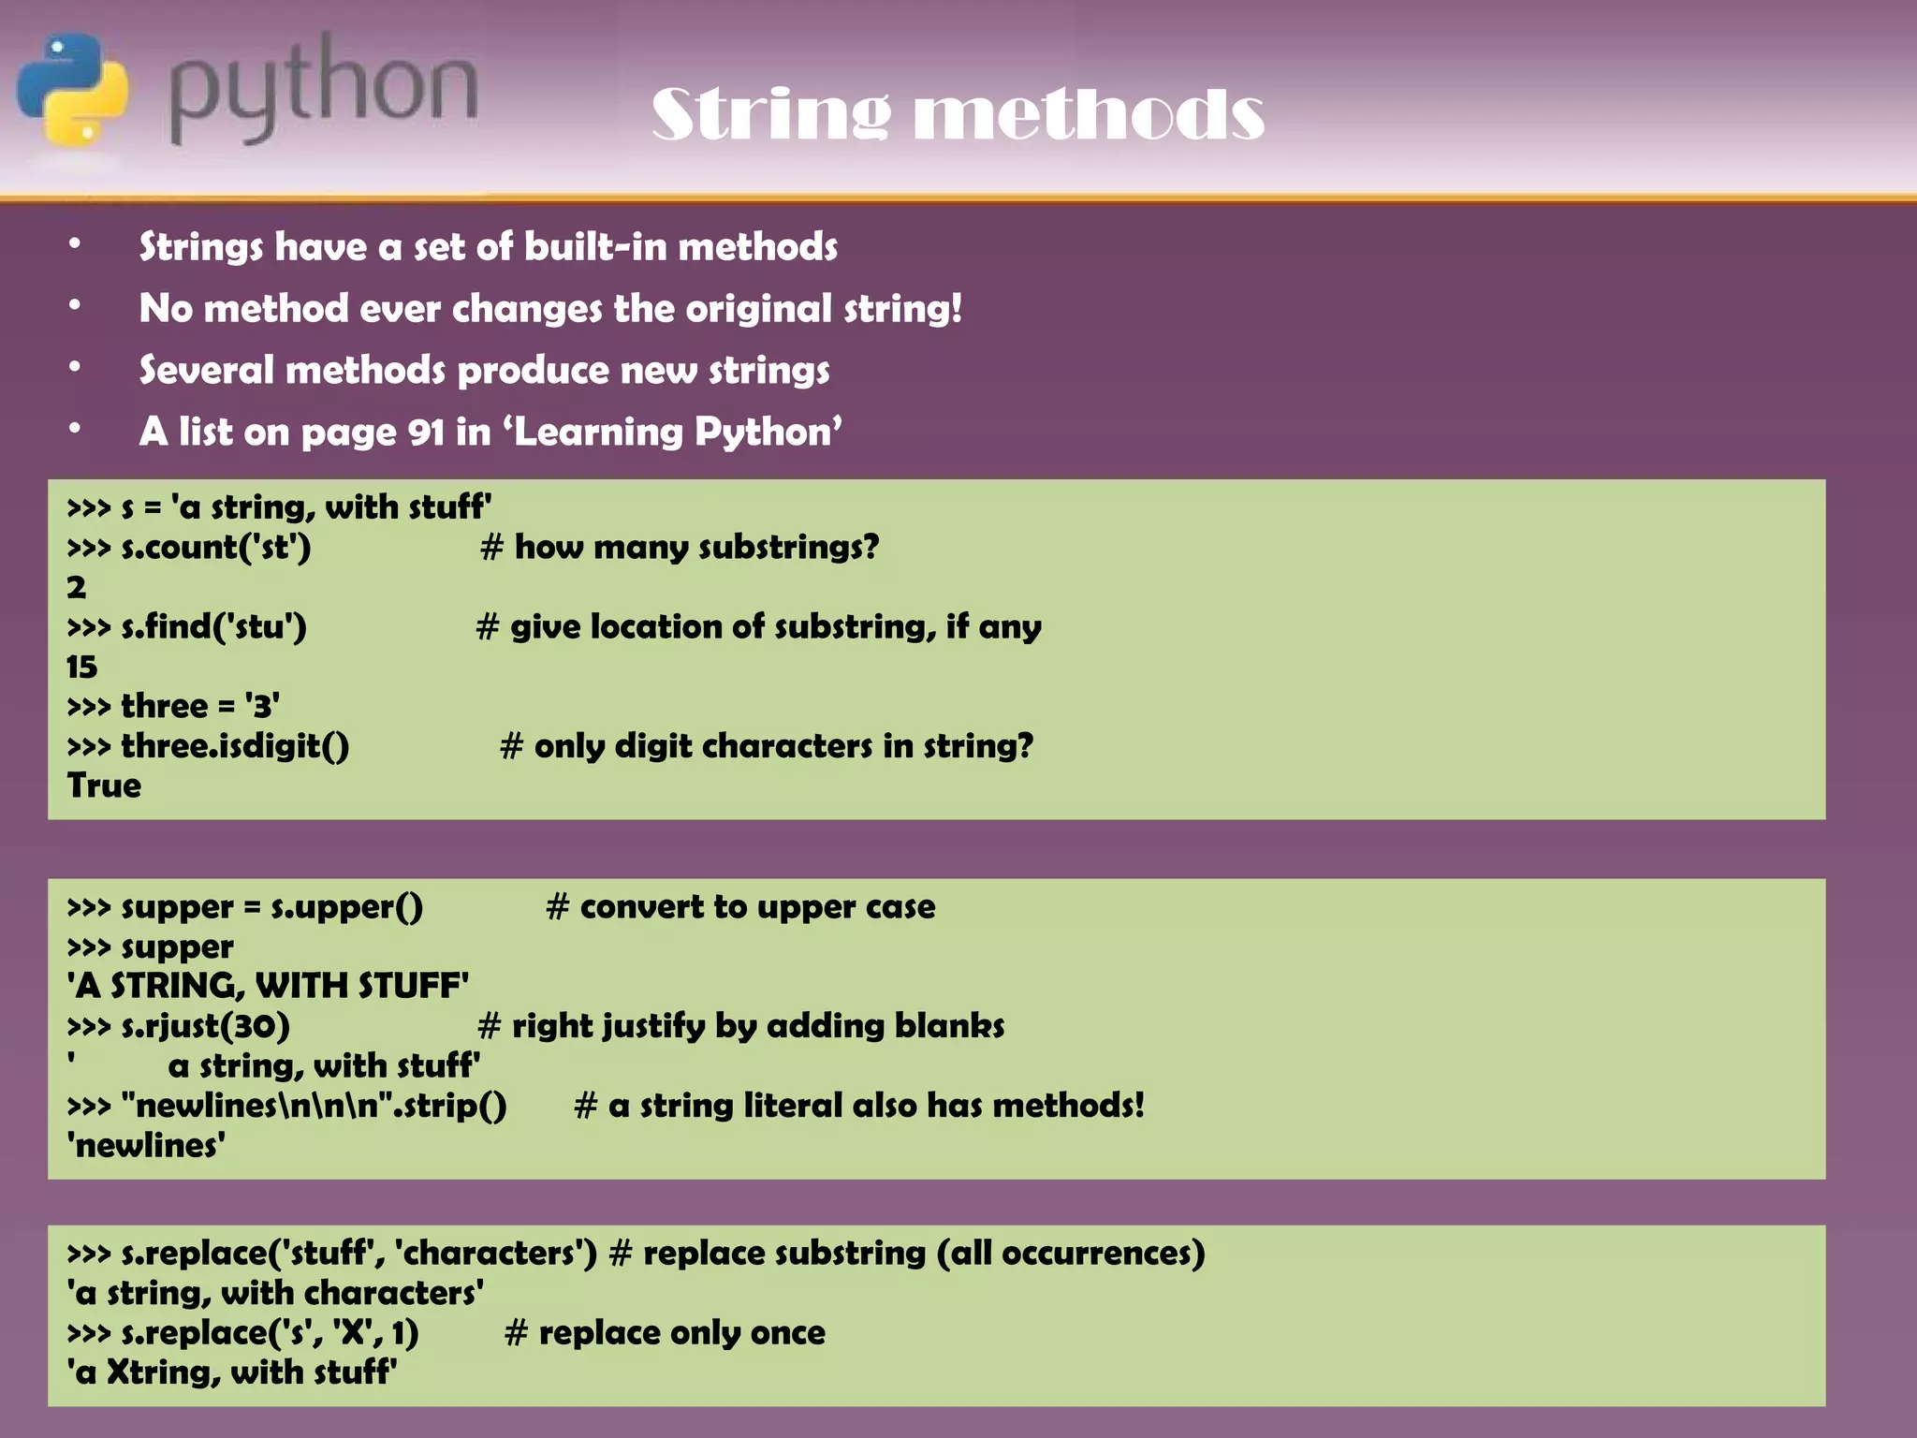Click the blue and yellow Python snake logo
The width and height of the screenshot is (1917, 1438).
coord(72,89)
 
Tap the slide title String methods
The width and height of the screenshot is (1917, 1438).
coord(958,114)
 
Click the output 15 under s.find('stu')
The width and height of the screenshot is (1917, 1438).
coord(81,667)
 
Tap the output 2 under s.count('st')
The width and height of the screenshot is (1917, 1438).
coord(76,587)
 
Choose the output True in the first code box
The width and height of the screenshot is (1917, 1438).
coord(104,785)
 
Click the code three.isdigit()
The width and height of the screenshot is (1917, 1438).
coord(235,746)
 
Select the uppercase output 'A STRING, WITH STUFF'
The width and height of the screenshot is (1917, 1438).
coord(268,986)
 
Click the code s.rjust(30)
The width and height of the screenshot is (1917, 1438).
coord(205,1026)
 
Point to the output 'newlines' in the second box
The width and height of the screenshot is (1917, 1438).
coord(146,1145)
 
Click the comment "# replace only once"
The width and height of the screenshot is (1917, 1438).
coord(665,1333)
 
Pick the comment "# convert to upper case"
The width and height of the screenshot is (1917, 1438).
coord(740,906)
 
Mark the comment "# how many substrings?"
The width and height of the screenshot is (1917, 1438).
coord(680,547)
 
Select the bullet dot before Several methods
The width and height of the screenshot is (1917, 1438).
coord(75,368)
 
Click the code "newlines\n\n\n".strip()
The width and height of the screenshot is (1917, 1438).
coord(314,1106)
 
